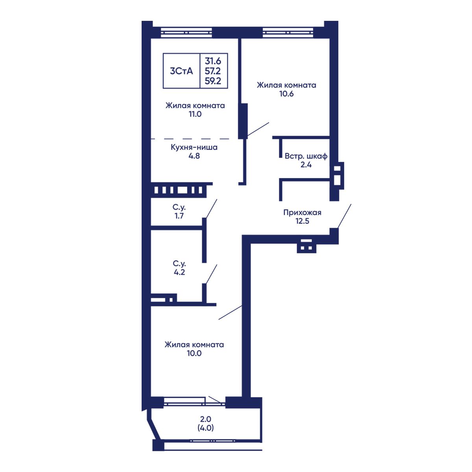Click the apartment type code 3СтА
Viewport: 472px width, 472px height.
click(x=181, y=71)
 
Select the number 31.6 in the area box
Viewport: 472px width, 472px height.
click(x=213, y=61)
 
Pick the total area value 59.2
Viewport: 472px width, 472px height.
click(x=213, y=81)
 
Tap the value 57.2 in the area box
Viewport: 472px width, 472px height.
click(x=213, y=71)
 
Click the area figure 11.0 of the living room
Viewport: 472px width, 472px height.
click(x=195, y=114)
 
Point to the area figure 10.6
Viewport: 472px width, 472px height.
click(x=286, y=94)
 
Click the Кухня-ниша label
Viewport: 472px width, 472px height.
click(x=194, y=147)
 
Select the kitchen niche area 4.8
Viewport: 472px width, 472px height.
click(x=194, y=156)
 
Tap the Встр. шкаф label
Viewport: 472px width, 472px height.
click(x=306, y=156)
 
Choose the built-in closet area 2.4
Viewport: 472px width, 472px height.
click(x=306, y=164)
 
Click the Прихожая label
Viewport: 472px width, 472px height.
click(x=302, y=212)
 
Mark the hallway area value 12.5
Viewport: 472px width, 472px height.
click(x=302, y=221)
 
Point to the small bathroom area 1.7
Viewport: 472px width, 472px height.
click(x=179, y=216)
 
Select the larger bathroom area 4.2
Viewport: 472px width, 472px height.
click(x=179, y=272)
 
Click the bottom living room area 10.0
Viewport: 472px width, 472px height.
click(x=194, y=353)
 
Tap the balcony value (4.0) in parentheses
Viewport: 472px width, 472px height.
click(x=205, y=428)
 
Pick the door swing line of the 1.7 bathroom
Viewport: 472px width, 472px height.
click(x=211, y=208)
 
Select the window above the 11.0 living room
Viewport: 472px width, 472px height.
click(x=186, y=32)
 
